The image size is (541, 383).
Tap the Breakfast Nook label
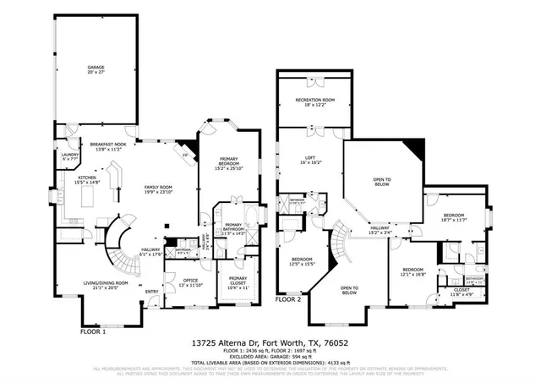pyautogui.click(x=108, y=146)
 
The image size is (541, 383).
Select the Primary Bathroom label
pyautogui.click(x=232, y=228)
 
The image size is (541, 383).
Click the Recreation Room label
pyautogui.click(x=314, y=102)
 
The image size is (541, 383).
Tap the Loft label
pyautogui.click(x=310, y=160)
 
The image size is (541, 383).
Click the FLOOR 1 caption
pyautogui.click(x=93, y=331)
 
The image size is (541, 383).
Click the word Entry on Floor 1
pyautogui.click(x=151, y=292)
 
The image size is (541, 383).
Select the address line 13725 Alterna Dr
pyautogui.click(x=270, y=343)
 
